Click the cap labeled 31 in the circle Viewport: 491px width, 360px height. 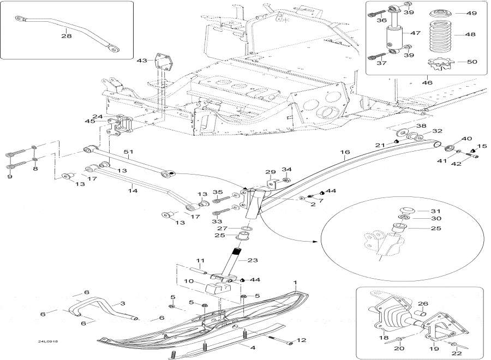406,211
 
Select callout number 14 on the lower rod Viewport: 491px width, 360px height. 133,191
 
